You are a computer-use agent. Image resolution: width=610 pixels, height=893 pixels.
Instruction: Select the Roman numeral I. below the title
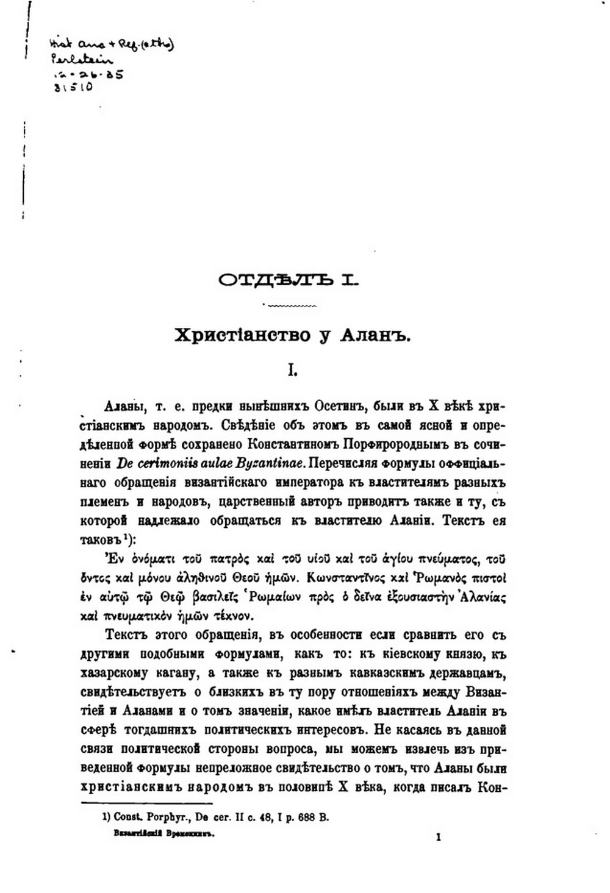[292, 370]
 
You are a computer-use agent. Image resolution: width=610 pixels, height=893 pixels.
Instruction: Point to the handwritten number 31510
[73, 87]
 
